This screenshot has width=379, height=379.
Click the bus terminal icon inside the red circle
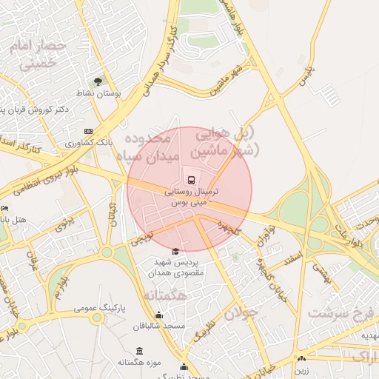click(x=189, y=178)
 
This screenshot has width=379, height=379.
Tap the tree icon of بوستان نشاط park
click(x=98, y=81)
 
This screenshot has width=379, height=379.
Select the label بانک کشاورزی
click(x=88, y=141)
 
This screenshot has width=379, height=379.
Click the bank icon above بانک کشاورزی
click(x=90, y=131)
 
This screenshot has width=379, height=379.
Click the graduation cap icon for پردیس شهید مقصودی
click(x=175, y=252)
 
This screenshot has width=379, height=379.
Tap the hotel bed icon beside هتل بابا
click(x=4, y=209)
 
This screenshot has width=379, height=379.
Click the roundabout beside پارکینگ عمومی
click(x=97, y=318)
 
